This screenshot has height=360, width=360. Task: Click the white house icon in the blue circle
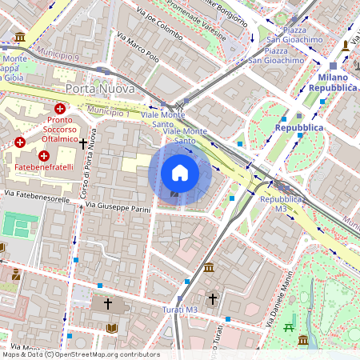[180, 173]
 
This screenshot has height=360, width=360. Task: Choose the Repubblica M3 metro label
[280, 203]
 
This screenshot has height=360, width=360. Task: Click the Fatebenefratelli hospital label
[45, 169]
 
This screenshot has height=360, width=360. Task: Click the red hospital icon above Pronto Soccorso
[59, 109]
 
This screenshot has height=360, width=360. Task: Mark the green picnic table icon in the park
[289, 327]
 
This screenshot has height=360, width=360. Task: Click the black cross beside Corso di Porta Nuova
[83, 143]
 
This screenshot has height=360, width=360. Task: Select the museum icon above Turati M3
[209, 266]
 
